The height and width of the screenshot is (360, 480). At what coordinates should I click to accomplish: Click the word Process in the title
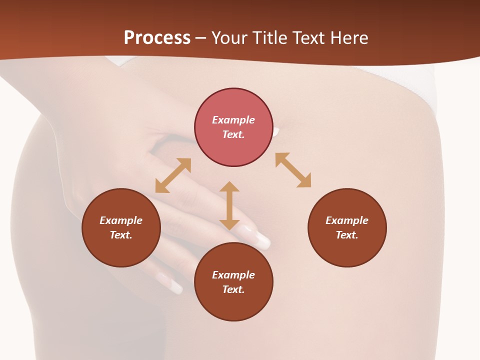tap(157, 38)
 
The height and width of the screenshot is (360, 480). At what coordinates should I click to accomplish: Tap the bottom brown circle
tap(233, 305)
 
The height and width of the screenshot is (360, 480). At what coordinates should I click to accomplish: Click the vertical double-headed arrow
tap(229, 205)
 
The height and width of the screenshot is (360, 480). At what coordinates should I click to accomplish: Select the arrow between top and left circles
tap(173, 175)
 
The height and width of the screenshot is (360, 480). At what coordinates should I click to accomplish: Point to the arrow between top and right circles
tap(293, 170)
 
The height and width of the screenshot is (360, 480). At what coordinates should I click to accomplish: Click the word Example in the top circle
tap(233, 120)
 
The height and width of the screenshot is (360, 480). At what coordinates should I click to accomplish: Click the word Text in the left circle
tap(120, 235)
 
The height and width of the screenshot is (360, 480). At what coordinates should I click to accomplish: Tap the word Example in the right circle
tap(347, 220)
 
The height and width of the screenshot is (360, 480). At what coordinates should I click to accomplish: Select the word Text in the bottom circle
tap(233, 289)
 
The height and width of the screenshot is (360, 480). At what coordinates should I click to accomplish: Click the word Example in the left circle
tap(121, 220)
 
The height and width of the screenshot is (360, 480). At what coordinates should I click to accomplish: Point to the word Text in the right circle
tap(346, 235)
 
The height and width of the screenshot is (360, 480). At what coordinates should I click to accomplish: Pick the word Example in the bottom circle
tap(233, 275)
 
